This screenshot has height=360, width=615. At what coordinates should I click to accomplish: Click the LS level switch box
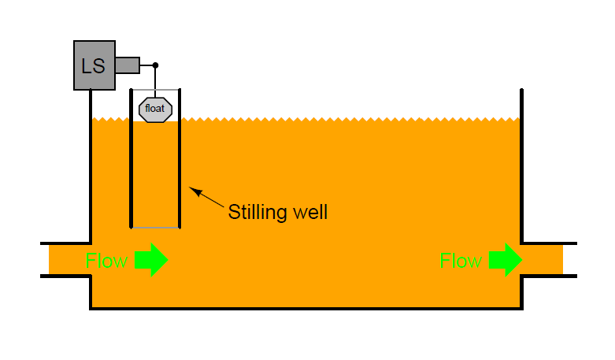click(x=94, y=65)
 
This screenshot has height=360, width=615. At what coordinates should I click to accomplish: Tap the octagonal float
click(x=155, y=109)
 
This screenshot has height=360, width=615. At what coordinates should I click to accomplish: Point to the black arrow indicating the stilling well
click(x=206, y=197)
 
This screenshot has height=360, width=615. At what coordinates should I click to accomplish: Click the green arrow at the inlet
click(x=151, y=260)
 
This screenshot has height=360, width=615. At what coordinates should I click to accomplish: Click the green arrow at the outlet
click(x=506, y=260)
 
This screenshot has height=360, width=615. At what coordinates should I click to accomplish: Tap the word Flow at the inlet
click(x=106, y=261)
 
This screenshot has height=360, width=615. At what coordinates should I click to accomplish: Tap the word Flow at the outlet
click(x=461, y=261)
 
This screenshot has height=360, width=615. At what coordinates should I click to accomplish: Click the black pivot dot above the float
click(x=155, y=65)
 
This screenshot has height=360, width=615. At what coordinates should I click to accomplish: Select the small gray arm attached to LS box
click(x=128, y=65)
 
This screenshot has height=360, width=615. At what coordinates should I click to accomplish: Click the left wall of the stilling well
click(x=131, y=158)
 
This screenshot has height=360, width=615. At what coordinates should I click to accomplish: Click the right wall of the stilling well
click(x=180, y=158)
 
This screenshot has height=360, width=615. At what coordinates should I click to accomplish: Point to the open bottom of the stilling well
click(x=155, y=228)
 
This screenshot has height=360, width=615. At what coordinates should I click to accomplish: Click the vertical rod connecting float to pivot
click(x=155, y=83)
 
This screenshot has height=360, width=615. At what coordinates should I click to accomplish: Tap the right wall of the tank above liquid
click(x=521, y=103)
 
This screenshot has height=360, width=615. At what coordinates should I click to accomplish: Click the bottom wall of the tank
click(x=306, y=309)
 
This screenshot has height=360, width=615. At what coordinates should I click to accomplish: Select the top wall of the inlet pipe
click(x=66, y=243)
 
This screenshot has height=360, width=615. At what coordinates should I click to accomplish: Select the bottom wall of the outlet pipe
click(x=548, y=276)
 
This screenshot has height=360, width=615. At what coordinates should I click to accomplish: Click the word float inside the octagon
click(x=155, y=108)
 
